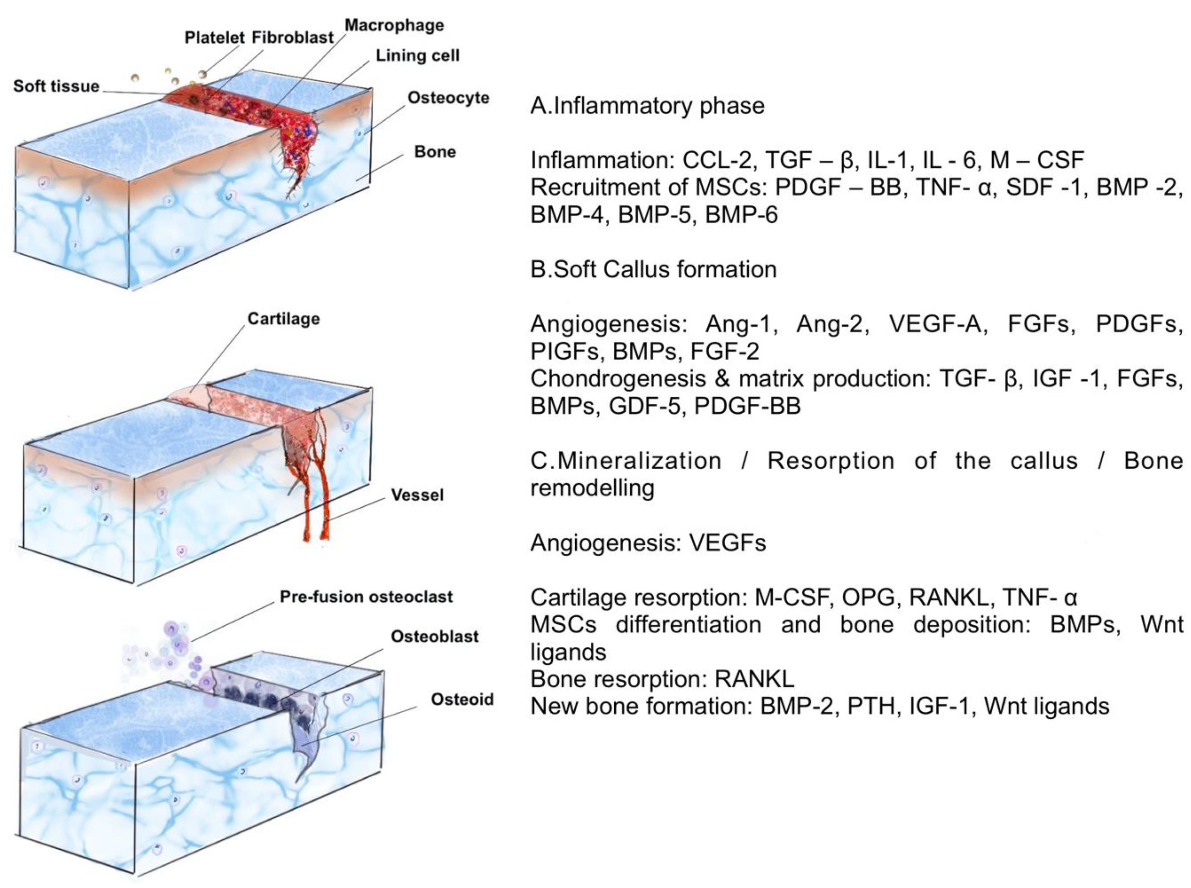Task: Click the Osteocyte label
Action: (x=448, y=98)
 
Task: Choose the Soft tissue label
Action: (x=56, y=87)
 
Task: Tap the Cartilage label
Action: (x=284, y=319)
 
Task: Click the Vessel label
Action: (x=417, y=495)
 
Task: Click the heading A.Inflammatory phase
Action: (x=647, y=106)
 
